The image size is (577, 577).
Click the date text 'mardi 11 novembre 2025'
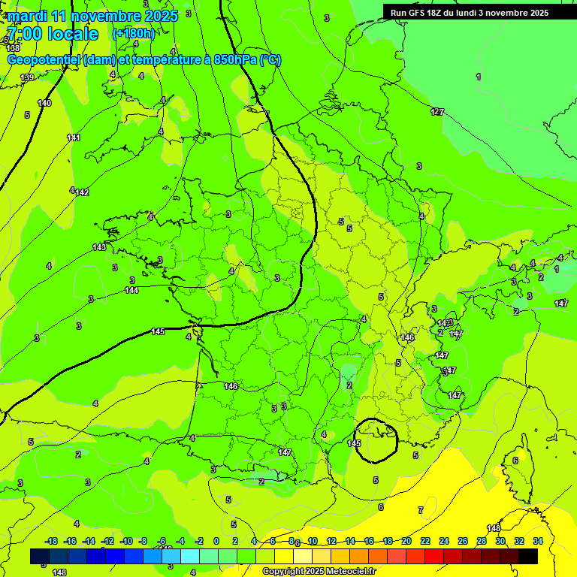pyautogui.click(x=92, y=16)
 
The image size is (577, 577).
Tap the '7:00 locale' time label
pyautogui.click(x=52, y=34)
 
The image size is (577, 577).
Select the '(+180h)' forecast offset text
pyautogui.click(x=133, y=34)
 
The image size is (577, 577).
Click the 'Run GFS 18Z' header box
pyautogui.click(x=469, y=13)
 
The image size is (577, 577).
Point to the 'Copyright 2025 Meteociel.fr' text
pyautogui.click(x=319, y=571)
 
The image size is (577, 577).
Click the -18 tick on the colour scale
pyautogui.click(x=51, y=541)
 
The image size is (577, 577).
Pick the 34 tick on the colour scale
pyautogui.click(x=537, y=541)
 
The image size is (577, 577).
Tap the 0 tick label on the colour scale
pyautogui.click(x=216, y=541)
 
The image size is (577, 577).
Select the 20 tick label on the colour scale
pyautogui.click(x=406, y=541)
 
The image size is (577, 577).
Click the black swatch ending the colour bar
pyautogui.click(x=528, y=556)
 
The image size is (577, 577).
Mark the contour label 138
pyautogui.click(x=13, y=48)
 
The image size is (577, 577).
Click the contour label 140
pyautogui.click(x=44, y=103)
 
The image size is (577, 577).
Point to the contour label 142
pyautogui.click(x=82, y=192)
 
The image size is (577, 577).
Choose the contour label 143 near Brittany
pyautogui.click(x=99, y=247)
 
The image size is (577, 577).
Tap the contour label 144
pyautogui.click(x=131, y=290)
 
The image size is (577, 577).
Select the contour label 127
pyautogui.click(x=437, y=112)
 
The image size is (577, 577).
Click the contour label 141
pyautogui.click(x=74, y=137)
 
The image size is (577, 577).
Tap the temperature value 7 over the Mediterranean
pyautogui.click(x=420, y=510)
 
